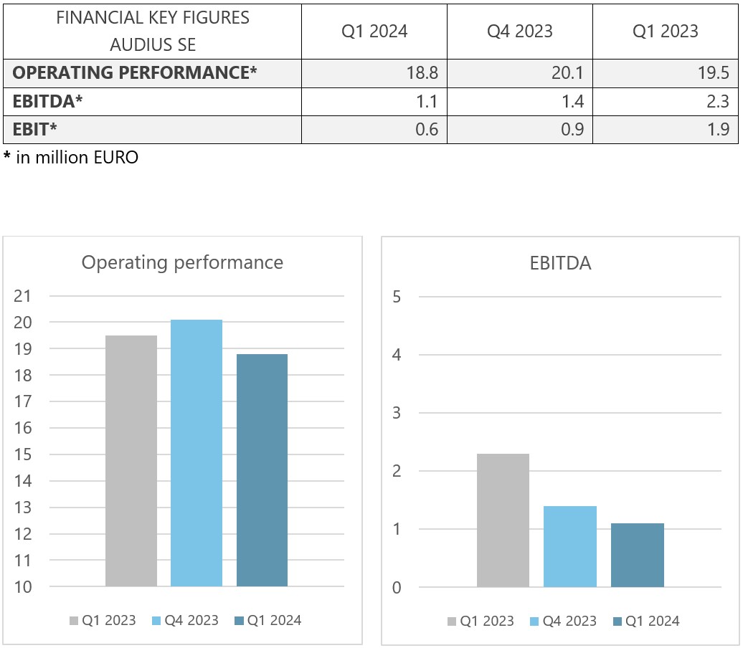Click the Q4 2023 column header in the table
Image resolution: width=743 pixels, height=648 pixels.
click(x=520, y=31)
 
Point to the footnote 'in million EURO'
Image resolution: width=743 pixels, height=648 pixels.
click(x=71, y=158)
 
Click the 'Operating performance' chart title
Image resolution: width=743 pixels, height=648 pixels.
click(x=182, y=262)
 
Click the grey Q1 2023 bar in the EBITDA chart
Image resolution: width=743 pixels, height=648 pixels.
click(x=503, y=520)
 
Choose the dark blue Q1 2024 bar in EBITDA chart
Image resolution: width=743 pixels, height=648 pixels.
click(x=638, y=555)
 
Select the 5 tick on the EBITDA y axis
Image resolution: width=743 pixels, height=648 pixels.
click(x=397, y=296)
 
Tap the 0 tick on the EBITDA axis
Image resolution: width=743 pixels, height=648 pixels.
click(x=397, y=588)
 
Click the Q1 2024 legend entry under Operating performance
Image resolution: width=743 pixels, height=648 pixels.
click(x=269, y=621)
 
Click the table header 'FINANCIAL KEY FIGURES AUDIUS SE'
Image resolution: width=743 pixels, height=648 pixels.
click(x=153, y=31)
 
